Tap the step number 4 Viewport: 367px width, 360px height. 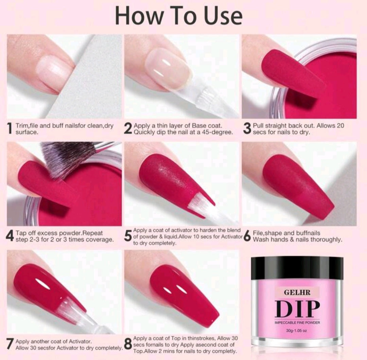[x=10, y=236]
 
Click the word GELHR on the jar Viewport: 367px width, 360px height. [x=297, y=292]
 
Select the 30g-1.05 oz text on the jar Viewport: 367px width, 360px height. [x=297, y=330]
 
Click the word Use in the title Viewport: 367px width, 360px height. [x=223, y=16]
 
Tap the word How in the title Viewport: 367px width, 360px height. [x=140, y=16]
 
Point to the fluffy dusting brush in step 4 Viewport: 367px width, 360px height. [x=68, y=157]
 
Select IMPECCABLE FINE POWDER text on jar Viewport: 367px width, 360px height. [x=297, y=323]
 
